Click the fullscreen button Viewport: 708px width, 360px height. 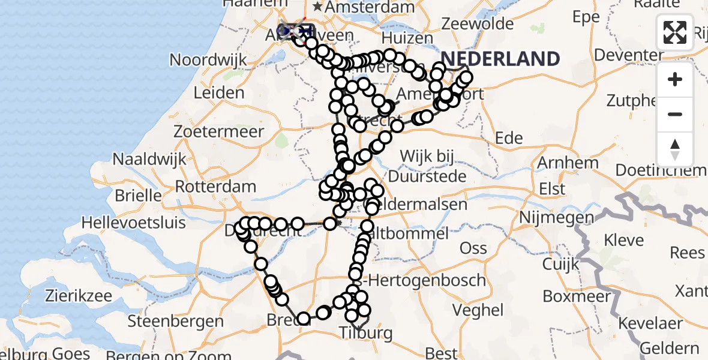click(675, 32)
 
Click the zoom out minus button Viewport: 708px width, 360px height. click(675, 114)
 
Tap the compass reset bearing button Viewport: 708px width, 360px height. click(675, 149)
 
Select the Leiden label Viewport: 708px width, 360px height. click(218, 93)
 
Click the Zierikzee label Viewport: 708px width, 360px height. click(79, 296)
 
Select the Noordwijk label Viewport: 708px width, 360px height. click(208, 60)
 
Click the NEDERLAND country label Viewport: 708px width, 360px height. click(500, 59)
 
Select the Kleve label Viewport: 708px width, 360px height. click(623, 241)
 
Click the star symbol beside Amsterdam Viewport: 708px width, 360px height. click(316, 7)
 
